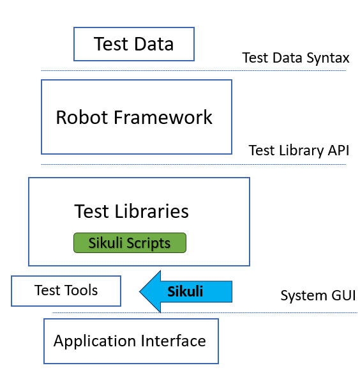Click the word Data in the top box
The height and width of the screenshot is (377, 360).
pos(154,44)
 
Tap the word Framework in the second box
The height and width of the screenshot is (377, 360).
pos(163,118)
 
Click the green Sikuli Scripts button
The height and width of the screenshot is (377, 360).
pos(130,243)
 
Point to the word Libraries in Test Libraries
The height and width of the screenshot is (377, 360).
pos(152,211)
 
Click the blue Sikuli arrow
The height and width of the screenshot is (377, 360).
pos(186,291)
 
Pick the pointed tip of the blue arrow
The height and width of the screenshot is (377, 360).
pos(140,291)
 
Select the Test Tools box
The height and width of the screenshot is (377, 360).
pos(66,291)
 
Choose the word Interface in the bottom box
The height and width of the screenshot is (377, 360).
pos(174,341)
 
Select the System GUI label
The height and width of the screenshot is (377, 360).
pos(318,295)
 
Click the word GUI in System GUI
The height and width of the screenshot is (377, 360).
pos(343,295)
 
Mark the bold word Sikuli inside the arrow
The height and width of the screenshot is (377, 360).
pos(185,291)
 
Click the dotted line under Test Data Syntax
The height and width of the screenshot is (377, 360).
pos(193,71)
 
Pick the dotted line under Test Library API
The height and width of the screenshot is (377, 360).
pos(193,165)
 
